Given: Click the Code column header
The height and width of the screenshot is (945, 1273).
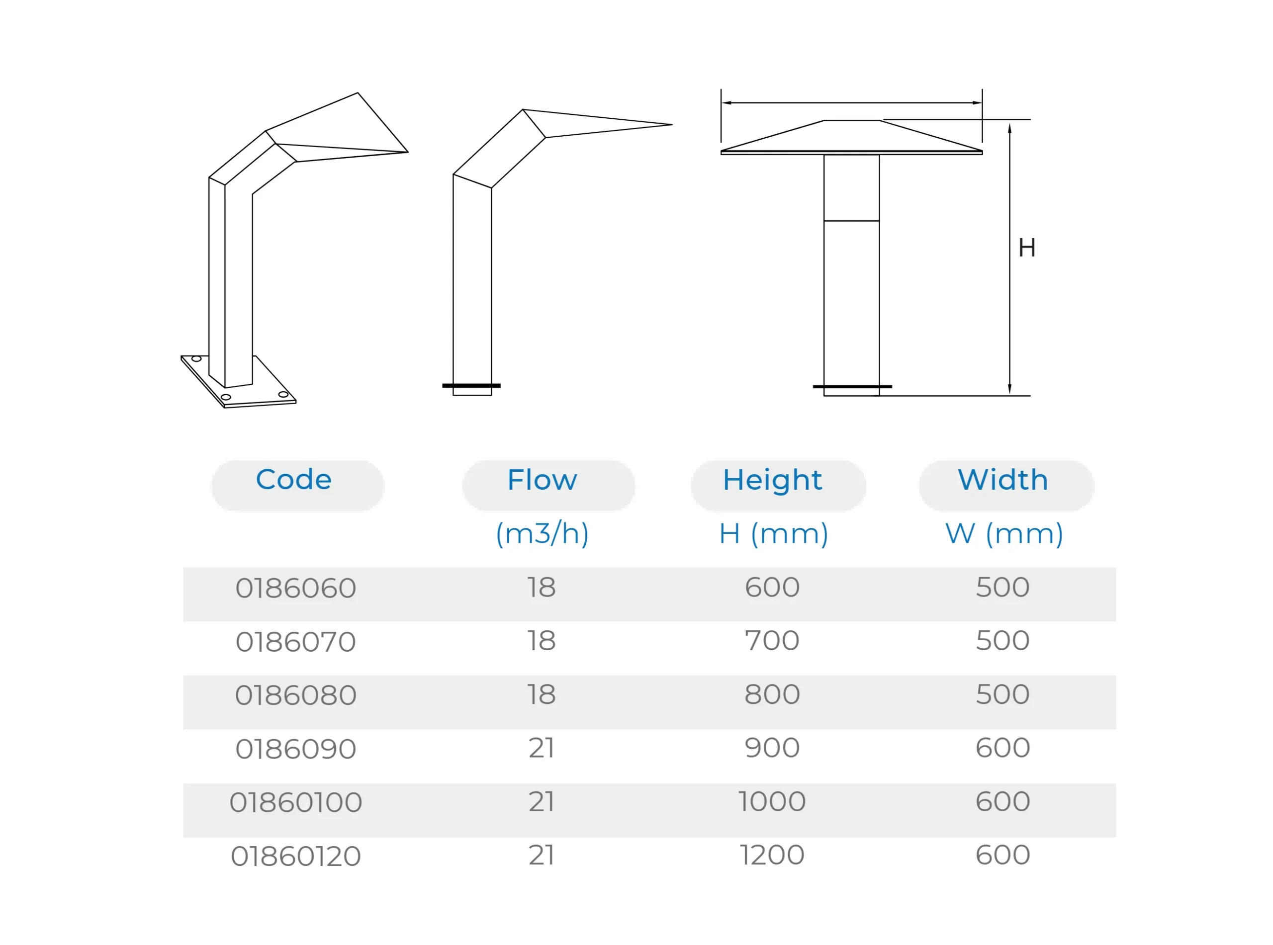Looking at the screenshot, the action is coord(293,480).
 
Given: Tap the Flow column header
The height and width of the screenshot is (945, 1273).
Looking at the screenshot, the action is coord(543,480).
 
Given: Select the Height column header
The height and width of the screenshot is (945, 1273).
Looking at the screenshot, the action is coord(772,480).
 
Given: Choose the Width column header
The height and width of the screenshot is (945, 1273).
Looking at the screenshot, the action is coord(1003,480).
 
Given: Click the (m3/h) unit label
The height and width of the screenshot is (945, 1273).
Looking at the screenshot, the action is coord(543,534).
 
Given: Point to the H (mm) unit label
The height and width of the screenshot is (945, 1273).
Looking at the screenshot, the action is coord(774,534).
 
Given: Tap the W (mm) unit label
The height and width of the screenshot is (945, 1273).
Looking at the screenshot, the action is coord(1004,534).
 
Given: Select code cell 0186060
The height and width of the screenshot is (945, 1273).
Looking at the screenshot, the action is coord(296,588).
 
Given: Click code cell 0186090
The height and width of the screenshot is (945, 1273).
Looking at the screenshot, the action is coord(296,749).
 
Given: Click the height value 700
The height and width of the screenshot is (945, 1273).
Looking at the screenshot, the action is coord(772,641).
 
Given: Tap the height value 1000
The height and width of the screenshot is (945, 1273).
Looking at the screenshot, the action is coord(772,802).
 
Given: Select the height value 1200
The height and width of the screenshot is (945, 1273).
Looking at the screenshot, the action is coord(772,856).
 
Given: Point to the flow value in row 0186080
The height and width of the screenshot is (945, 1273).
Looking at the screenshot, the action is coord(541,694).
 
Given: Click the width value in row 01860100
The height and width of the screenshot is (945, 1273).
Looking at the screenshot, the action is coord(1003,802).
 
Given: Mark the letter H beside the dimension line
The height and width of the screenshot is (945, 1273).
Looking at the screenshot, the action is coord(1027,248).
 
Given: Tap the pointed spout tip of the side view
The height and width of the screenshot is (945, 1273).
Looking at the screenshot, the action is coord(672,125).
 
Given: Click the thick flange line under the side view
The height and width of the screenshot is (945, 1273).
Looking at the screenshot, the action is coord(471,386).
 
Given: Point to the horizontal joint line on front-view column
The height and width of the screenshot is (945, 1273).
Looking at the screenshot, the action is coord(851,221).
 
